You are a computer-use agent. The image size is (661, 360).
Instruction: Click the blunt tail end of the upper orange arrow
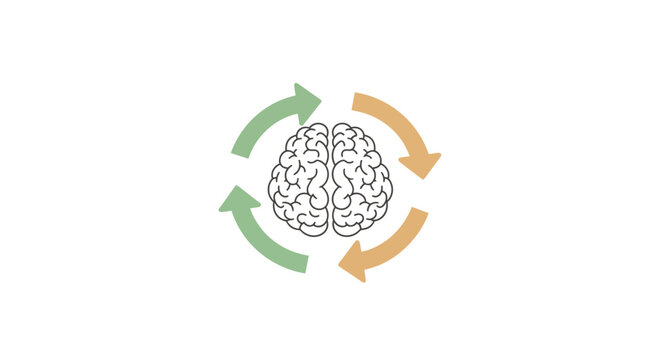tap(359, 100)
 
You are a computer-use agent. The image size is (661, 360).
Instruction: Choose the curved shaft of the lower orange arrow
tap(394, 247)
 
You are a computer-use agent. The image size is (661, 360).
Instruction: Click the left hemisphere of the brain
tap(299, 180)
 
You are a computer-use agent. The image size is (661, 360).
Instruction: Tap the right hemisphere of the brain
tap(361, 180)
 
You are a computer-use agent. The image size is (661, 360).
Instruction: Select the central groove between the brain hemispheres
tap(330, 180)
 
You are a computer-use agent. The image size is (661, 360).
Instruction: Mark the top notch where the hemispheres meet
tap(330, 128)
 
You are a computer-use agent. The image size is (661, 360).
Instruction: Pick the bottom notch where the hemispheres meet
tap(330, 233)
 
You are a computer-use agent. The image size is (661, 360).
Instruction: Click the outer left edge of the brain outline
tap(270, 186)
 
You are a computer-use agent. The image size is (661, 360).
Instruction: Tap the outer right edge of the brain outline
tap(391, 186)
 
